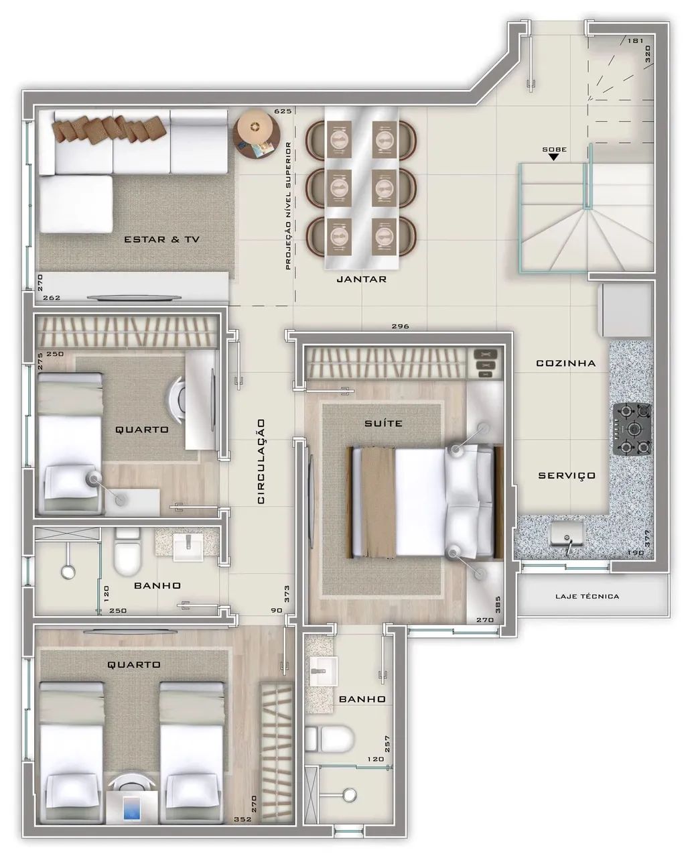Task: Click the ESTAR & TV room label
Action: [x=161, y=239]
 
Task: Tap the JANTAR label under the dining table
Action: [x=361, y=279]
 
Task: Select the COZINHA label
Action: [x=565, y=363]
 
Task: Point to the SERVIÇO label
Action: [x=567, y=475]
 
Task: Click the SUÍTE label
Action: [x=383, y=423]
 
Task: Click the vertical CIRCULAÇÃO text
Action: [x=261, y=461]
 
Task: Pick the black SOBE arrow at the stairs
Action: [x=553, y=157]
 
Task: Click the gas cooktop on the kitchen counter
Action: [x=632, y=429]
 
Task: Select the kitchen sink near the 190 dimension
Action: [x=566, y=535]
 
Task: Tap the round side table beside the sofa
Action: [x=257, y=133]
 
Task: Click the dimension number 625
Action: [x=283, y=111]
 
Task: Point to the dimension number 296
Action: [x=400, y=326]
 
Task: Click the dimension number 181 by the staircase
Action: [x=635, y=40]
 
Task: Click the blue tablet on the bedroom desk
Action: [x=131, y=806]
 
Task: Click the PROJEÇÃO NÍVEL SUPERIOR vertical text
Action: [x=288, y=206]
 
